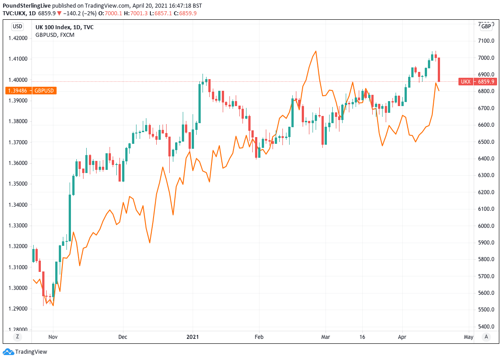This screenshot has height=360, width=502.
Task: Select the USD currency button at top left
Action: point(18,27)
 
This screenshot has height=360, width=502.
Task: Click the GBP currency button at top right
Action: point(486,27)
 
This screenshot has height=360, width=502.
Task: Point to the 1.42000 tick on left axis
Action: point(18,38)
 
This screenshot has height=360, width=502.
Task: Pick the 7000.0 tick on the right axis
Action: point(486,58)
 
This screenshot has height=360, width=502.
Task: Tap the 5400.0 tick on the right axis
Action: point(486,327)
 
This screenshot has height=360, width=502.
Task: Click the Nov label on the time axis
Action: point(53,337)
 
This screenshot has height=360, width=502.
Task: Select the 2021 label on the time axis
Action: point(193,337)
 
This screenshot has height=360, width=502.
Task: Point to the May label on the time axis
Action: point(468,337)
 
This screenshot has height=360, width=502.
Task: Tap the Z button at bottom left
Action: point(18,337)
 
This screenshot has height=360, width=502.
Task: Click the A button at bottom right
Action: point(486,337)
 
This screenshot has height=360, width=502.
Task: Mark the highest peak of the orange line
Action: point(316,51)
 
